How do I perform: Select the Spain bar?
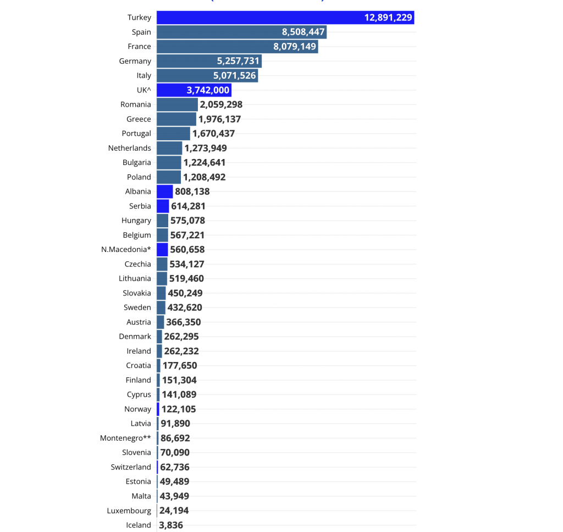pyautogui.click(x=241, y=32)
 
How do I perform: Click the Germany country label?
pyautogui.click(x=135, y=61)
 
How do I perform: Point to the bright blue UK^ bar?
pyautogui.click(x=194, y=90)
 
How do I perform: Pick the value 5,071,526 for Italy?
pyautogui.click(x=235, y=75)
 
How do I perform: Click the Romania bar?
pyautogui.click(x=177, y=105)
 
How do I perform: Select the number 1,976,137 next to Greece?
pyautogui.click(x=219, y=119)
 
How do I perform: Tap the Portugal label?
pyautogui.click(x=136, y=134)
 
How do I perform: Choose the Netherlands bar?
pyautogui.click(x=169, y=148)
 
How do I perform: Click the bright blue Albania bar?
pyautogui.click(x=164, y=191)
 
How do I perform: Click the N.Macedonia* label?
pyautogui.click(x=126, y=250)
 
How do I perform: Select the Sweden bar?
pyautogui.click(x=161, y=308)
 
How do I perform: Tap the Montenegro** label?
pyautogui.click(x=125, y=438)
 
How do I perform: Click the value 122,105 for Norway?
pyautogui.click(x=179, y=409)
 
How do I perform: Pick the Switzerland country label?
pyautogui.click(x=130, y=467)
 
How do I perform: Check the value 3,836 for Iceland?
pyautogui.click(x=171, y=525)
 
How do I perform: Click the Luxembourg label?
pyautogui.click(x=129, y=511)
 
